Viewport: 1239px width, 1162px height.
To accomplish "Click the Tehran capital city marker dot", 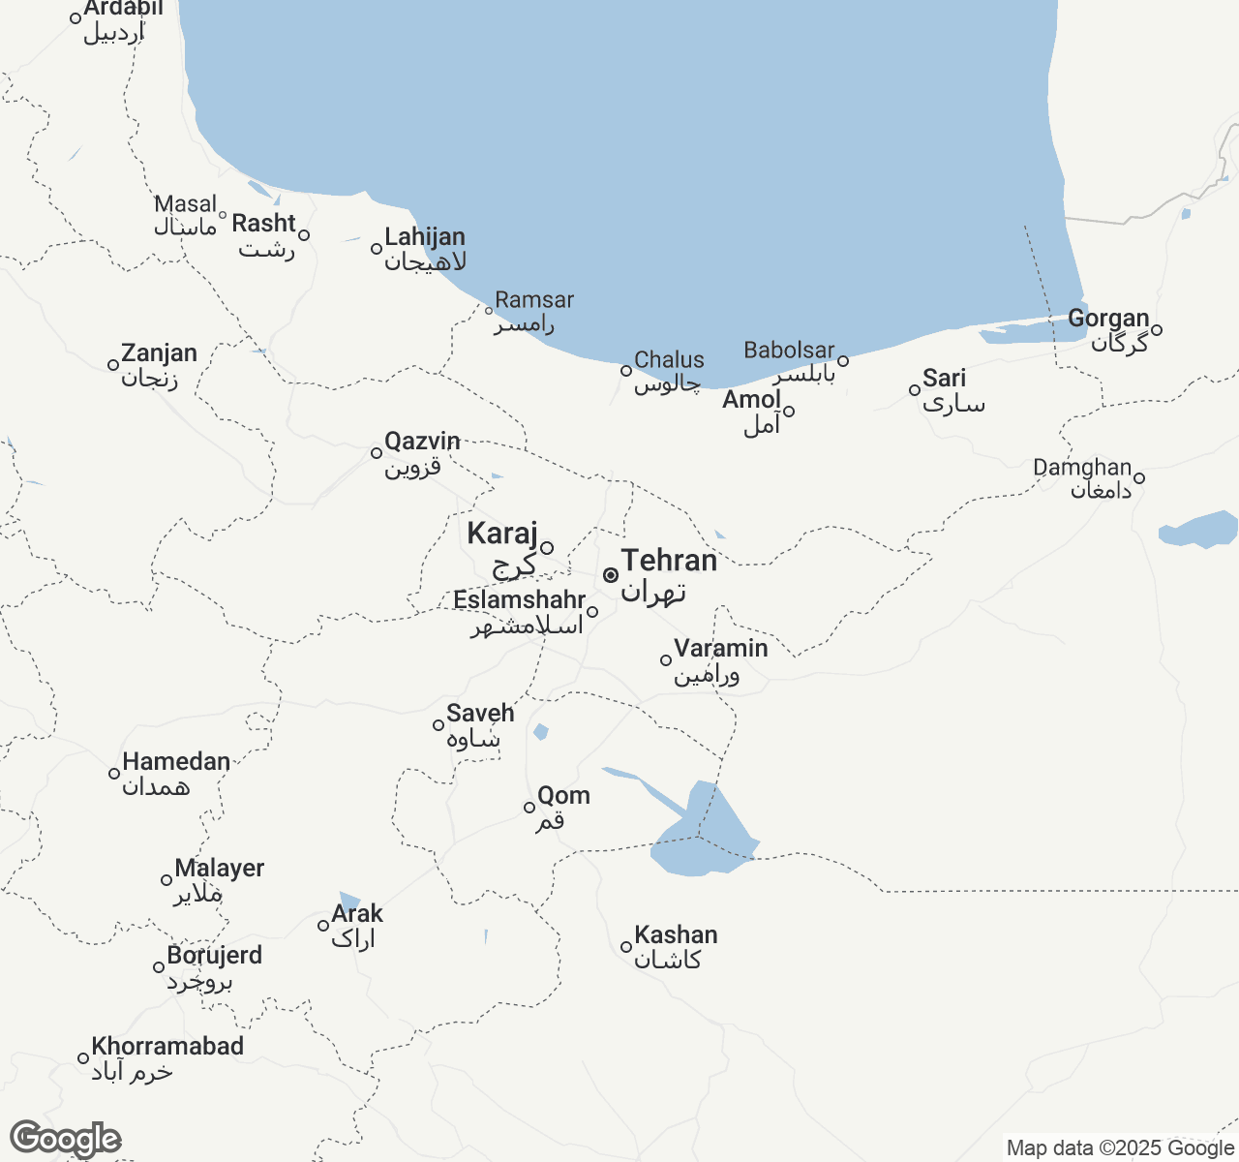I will [x=611, y=575].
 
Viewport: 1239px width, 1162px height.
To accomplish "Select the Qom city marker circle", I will [x=529, y=808].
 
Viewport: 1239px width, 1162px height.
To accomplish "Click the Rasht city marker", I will [x=304, y=235].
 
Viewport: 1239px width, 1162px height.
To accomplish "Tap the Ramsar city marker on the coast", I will [x=490, y=311].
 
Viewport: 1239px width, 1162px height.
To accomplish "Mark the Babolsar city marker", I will [x=843, y=361].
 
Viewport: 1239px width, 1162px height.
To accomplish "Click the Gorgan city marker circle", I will [x=1157, y=330].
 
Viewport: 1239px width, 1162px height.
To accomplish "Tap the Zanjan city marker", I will [x=113, y=365].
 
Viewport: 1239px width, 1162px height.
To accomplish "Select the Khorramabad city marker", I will [x=83, y=1058].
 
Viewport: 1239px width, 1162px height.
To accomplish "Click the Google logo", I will [x=65, y=1140].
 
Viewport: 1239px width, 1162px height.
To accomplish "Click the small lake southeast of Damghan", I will [x=1200, y=530].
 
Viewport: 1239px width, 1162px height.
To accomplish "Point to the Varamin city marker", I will [x=666, y=660].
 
